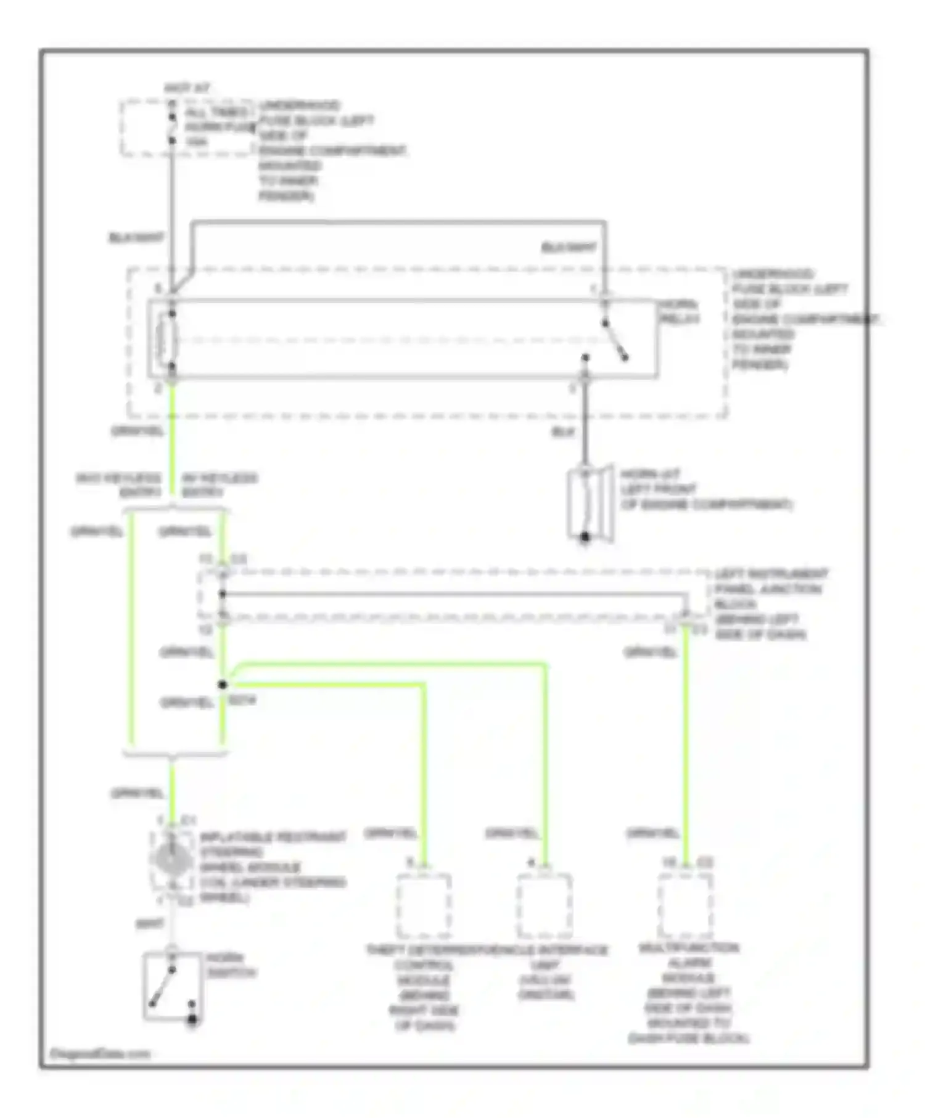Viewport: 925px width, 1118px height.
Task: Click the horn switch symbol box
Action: click(172, 985)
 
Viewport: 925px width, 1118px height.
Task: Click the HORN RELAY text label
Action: click(679, 312)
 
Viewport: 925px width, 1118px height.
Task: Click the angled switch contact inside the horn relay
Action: click(615, 341)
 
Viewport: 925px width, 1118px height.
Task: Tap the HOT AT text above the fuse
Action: click(187, 88)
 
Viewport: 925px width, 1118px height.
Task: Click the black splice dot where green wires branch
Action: click(223, 685)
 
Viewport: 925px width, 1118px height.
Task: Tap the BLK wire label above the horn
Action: click(562, 433)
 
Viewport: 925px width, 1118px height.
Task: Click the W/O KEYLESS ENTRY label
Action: click(118, 485)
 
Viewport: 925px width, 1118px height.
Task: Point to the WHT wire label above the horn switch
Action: click(150, 924)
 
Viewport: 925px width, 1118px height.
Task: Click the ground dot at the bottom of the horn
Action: click(585, 537)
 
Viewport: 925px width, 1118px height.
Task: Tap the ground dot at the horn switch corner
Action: click(192, 1020)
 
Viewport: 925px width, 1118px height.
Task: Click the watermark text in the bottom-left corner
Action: click(99, 1054)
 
